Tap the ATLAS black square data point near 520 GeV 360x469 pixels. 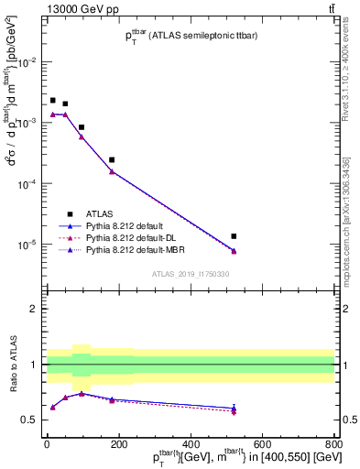coord(234,236)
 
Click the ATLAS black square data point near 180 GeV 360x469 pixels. coord(112,159)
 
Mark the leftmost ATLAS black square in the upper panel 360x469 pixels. coord(53,100)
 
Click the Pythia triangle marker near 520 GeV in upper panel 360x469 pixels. coord(234,251)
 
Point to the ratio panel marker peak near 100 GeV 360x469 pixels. coord(82,393)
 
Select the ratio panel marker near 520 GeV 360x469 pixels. coord(234,409)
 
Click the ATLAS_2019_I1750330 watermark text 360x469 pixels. coord(190,274)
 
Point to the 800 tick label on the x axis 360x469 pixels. coord(333,445)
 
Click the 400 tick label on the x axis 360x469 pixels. coord(191,445)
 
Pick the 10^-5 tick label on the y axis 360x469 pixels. coord(27,245)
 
